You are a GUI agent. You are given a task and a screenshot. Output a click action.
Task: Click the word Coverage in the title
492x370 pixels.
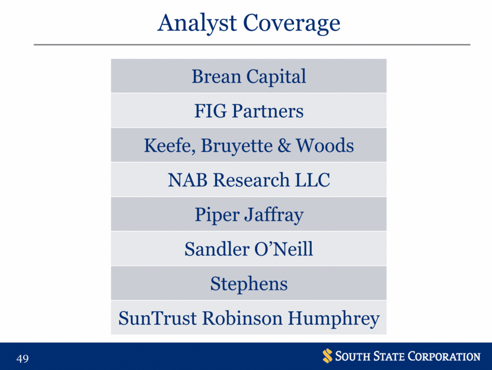[292, 24]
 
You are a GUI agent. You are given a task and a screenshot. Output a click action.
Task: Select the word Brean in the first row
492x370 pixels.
[216, 77]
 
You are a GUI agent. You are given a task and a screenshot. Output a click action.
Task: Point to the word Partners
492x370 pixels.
[268, 111]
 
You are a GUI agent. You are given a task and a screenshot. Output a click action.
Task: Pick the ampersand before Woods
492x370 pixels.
[285, 146]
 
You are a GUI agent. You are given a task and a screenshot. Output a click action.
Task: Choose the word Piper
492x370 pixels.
[216, 216]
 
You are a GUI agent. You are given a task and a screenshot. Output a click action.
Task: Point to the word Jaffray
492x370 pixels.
[274, 216]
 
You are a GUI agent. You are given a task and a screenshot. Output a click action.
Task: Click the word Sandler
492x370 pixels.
[216, 249]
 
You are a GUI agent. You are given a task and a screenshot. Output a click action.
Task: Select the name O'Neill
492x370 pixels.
[283, 249]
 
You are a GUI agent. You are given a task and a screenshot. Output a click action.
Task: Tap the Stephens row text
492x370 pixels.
[249, 284]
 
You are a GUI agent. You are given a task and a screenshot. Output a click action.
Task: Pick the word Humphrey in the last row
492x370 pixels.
[334, 319]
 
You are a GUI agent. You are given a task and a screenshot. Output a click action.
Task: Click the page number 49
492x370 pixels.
[23, 358]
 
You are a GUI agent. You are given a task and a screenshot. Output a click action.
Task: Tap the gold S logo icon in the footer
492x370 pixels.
[327, 356]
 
